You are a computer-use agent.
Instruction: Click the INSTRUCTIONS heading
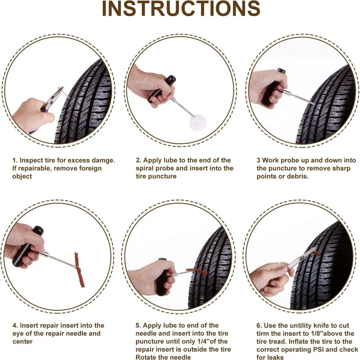pyautogui.click(x=181, y=8)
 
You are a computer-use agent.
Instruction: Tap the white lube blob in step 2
pyautogui.click(x=197, y=122)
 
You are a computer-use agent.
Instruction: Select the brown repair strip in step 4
pyautogui.click(x=79, y=270)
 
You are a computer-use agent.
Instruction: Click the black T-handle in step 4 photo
pyautogui.click(x=27, y=246)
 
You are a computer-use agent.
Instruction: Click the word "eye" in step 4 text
pyautogui.click(x=18, y=334)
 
